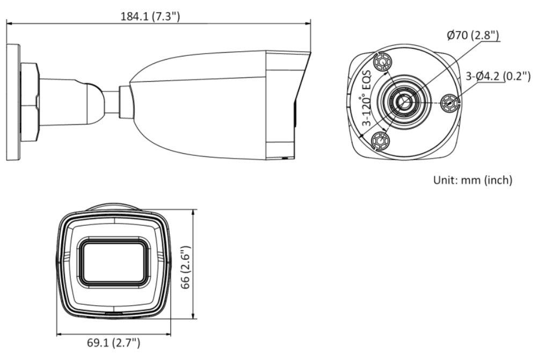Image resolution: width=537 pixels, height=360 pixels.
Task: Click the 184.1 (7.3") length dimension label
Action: (x=150, y=17)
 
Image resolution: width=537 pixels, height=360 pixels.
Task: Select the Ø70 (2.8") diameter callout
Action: (x=473, y=35)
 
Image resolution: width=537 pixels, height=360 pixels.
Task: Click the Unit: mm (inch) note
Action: (x=473, y=179)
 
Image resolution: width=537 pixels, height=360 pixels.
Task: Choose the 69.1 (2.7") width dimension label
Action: (x=114, y=342)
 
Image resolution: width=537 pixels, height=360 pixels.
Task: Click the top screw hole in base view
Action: (x=382, y=63)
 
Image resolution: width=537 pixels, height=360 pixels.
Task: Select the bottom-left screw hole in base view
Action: (x=381, y=141)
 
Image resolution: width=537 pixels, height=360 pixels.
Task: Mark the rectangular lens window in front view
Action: (x=113, y=261)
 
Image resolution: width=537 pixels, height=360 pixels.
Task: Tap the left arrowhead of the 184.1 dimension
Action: (x=9, y=23)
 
